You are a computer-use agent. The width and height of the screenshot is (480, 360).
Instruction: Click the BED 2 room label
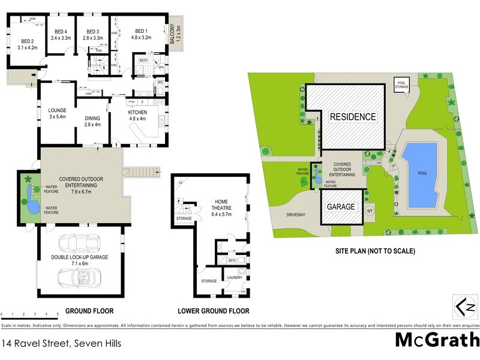[28, 41]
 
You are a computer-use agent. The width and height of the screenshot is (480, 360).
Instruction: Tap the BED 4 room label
[61, 31]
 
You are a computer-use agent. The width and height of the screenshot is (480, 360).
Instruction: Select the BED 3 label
[92, 31]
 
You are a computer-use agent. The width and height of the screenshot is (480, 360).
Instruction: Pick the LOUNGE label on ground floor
[58, 110]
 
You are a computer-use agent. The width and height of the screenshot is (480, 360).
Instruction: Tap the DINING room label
[92, 119]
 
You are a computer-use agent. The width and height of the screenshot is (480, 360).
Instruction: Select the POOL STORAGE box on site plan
[400, 85]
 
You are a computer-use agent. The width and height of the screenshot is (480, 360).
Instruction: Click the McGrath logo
[437, 340]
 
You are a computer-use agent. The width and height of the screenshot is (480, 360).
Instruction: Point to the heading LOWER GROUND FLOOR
[213, 311]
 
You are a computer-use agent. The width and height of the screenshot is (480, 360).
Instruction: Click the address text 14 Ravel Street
[62, 344]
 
